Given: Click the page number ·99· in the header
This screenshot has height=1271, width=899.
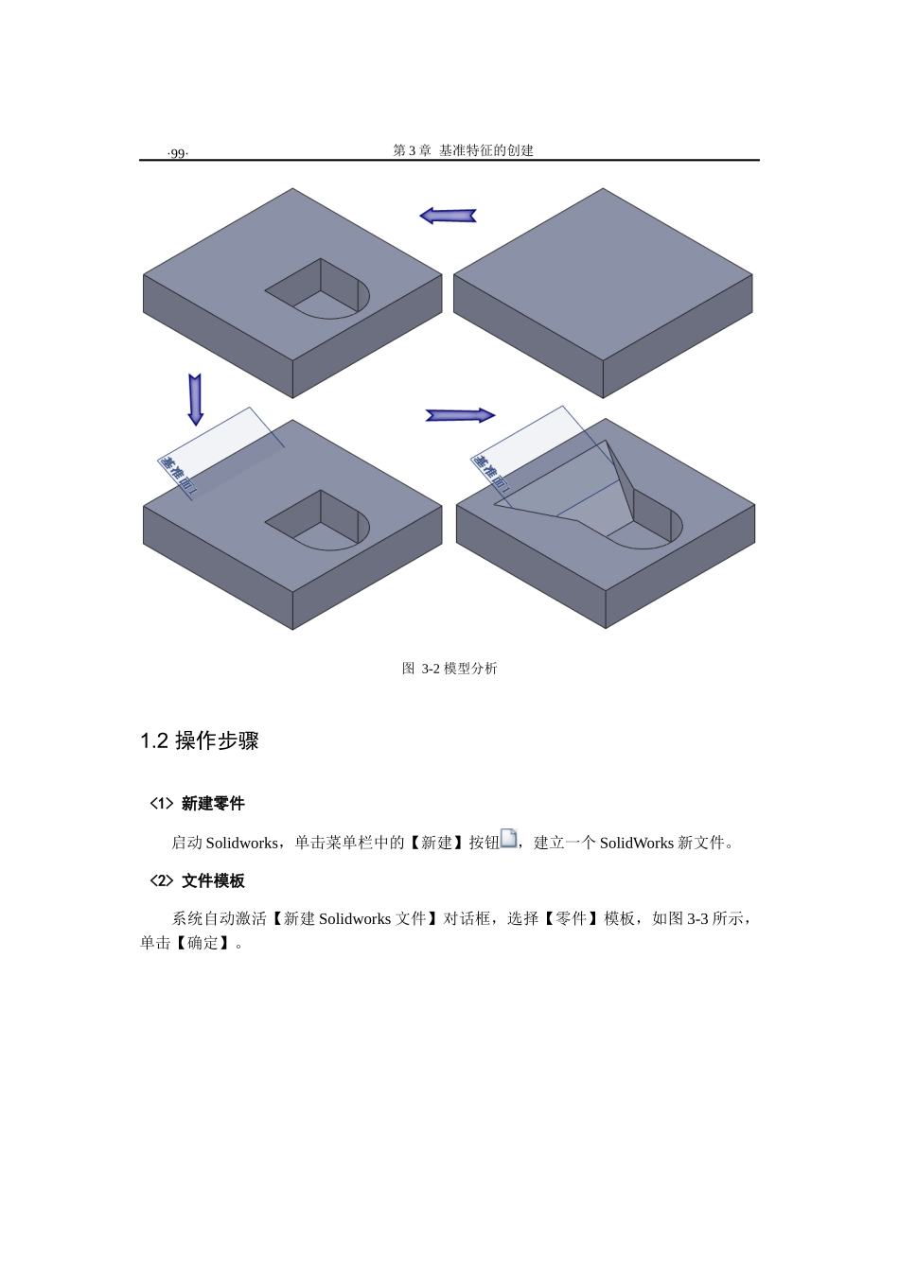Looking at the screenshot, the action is click(x=177, y=153).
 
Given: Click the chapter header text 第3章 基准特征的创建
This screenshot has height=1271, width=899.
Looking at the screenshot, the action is click(x=463, y=150).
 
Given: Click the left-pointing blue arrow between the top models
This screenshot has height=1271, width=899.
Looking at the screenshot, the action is click(x=448, y=216).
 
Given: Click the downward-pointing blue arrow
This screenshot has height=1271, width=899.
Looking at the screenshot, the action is click(x=195, y=399).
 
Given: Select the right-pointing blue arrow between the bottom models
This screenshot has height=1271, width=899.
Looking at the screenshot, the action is click(x=460, y=415).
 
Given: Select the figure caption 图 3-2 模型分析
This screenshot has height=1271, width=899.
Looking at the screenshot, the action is click(x=449, y=669).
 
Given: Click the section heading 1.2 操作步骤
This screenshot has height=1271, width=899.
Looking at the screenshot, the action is click(x=200, y=740).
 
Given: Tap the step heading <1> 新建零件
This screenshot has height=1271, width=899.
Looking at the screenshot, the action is click(x=197, y=804).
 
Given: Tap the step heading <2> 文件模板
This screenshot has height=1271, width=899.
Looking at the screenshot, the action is click(x=197, y=881).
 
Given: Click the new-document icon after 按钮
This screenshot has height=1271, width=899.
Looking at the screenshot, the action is click(x=508, y=839).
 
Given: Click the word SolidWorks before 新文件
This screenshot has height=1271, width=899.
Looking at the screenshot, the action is click(x=636, y=843).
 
